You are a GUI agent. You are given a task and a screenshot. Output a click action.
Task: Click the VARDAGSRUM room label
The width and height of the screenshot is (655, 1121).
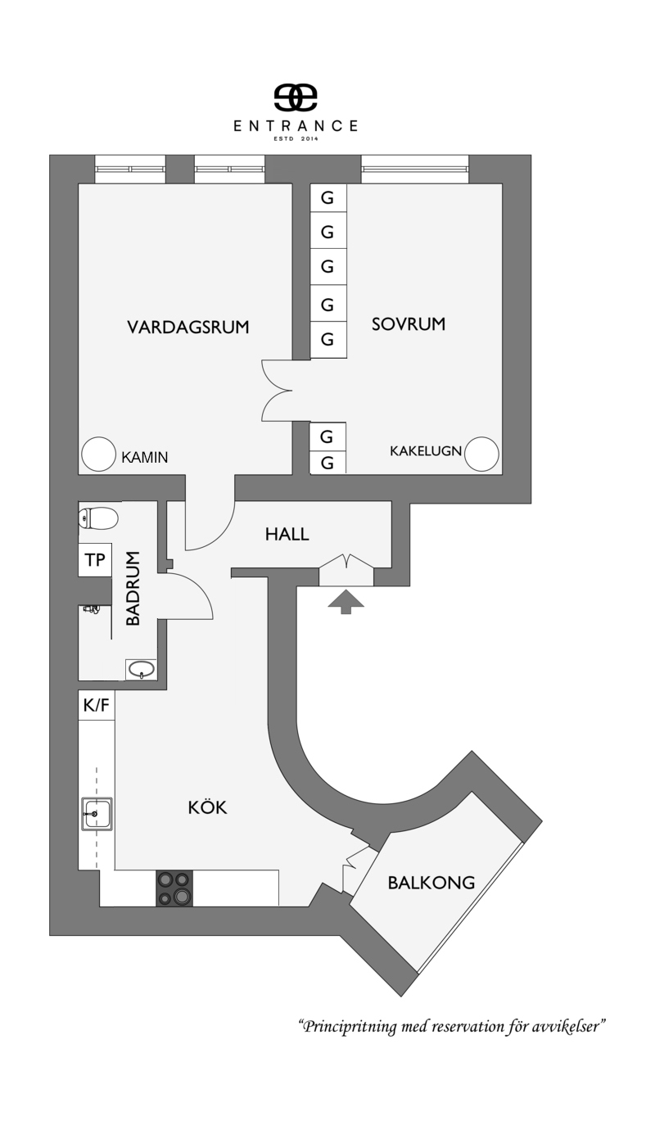[x=188, y=328]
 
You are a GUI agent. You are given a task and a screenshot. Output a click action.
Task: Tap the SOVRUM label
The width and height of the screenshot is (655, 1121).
[x=409, y=324]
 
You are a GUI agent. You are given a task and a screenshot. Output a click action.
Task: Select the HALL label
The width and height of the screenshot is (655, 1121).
[x=287, y=535]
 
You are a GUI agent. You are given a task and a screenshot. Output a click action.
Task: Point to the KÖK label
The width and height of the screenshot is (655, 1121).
[x=208, y=807]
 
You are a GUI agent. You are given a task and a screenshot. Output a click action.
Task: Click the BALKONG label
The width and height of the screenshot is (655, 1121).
[x=431, y=883]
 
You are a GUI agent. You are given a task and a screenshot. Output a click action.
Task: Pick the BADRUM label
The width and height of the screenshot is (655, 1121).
[x=133, y=589]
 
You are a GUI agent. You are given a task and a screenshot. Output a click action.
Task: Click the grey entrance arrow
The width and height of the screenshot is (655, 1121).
[x=346, y=602]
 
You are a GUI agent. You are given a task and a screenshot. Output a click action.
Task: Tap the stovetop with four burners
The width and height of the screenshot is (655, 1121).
[x=174, y=888]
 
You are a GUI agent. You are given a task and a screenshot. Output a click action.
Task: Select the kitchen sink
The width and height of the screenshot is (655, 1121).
[x=97, y=814]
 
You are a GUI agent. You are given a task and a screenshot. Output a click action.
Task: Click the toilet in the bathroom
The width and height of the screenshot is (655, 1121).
[x=98, y=518]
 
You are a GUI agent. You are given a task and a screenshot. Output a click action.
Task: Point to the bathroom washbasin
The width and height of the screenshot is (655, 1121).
[x=141, y=669]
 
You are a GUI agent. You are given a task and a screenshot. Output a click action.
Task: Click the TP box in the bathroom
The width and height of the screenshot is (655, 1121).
[x=95, y=559]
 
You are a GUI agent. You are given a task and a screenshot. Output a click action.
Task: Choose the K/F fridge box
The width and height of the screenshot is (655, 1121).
[x=96, y=705]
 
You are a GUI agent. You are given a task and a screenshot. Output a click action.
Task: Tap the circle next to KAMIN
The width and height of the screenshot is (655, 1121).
[x=98, y=454]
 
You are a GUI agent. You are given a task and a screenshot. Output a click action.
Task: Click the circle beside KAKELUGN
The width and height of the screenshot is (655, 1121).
[x=481, y=454]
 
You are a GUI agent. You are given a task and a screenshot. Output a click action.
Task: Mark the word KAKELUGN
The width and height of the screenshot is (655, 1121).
[x=426, y=451]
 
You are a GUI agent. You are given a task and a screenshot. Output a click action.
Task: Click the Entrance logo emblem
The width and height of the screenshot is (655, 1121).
[x=296, y=97]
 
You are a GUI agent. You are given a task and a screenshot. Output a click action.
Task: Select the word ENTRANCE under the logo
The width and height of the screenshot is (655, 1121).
[x=296, y=125]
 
